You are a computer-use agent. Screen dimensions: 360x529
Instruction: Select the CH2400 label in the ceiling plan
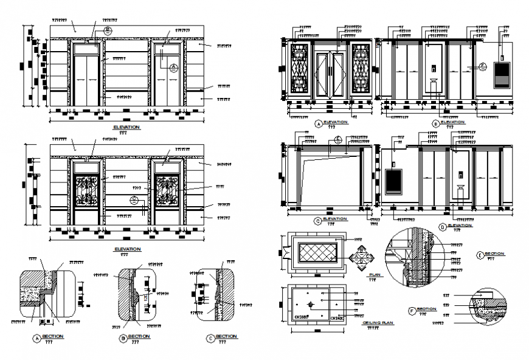coord(337,317)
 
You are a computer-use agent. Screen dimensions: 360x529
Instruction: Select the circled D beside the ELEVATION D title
coord(442,226)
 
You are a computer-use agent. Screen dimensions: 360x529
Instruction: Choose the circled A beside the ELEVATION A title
coord(318,123)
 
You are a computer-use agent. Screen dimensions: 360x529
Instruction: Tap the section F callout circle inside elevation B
coord(483,66)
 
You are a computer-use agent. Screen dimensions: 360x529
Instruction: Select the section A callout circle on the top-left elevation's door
coord(173,67)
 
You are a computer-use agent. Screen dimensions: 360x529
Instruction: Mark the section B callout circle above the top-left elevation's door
coord(108,29)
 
